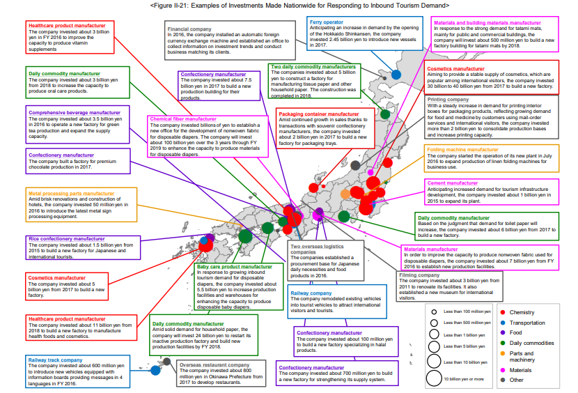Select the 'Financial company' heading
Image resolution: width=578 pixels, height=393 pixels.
tap(188, 29)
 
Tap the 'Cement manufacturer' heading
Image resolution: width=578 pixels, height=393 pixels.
tap(452, 183)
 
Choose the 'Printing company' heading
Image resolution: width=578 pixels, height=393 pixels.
tap(448, 100)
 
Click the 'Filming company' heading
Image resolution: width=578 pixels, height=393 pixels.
tap(419, 275)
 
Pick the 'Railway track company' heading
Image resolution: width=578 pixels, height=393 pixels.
tap(56, 360)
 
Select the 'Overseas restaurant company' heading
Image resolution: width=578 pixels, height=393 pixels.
tap(214, 364)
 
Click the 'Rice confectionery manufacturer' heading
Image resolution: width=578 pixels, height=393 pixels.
tap(67, 239)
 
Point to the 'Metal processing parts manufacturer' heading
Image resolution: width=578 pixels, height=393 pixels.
tap(71, 193)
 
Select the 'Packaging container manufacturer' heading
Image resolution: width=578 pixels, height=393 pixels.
tap(318, 114)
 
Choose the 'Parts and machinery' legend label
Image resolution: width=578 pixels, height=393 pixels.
tap(522, 356)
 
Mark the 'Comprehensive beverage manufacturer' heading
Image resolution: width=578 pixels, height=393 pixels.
tap(74, 110)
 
